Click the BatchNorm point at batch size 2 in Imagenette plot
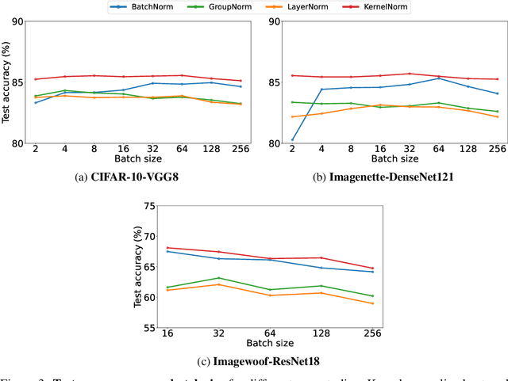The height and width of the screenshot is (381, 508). [x=292, y=140]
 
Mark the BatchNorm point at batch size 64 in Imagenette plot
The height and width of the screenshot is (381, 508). [x=439, y=78]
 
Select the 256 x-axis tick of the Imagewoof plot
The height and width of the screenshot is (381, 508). [x=373, y=334]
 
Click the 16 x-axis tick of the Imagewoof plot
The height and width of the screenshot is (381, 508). [x=167, y=334]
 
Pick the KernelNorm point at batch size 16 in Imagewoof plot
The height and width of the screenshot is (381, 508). [x=167, y=247]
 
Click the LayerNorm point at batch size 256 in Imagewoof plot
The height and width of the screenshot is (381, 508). [x=373, y=303]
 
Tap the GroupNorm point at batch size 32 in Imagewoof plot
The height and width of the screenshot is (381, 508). [x=219, y=278]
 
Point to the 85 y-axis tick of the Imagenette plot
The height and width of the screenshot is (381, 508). [x=270, y=82]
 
